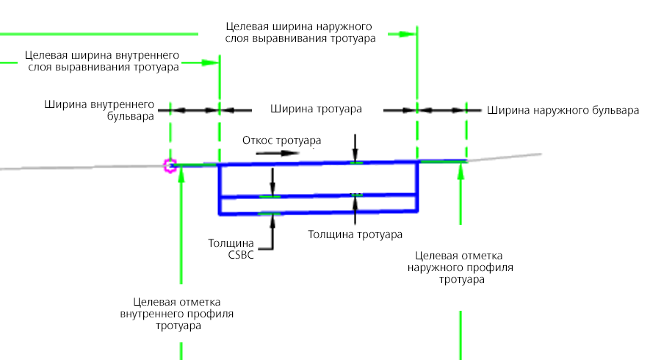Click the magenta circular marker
click(170, 165)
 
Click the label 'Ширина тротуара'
click(316, 109)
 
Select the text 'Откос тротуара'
click(282, 140)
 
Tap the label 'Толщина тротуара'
click(355, 234)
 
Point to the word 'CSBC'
click(241, 255)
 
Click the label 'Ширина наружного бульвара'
click(563, 110)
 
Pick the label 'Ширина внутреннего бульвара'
click(99, 110)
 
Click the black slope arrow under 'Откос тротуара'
click(278, 153)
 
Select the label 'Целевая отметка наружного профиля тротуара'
click(460, 267)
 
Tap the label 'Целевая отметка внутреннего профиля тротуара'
click(177, 314)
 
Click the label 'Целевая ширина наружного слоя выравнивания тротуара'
click(300, 32)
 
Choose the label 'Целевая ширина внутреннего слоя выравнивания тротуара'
click(102, 61)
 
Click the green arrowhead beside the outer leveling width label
click(408, 34)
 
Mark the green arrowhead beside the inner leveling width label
click(211, 63)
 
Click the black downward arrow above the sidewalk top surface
click(355, 148)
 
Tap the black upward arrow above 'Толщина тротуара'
click(355, 210)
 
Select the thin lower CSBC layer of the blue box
click(318, 204)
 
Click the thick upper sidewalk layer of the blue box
click(318, 179)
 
